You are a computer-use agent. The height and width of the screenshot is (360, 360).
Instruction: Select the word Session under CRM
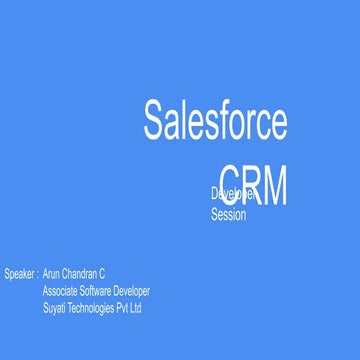[228, 214]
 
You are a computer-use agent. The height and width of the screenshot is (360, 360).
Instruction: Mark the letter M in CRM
[273, 185]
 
